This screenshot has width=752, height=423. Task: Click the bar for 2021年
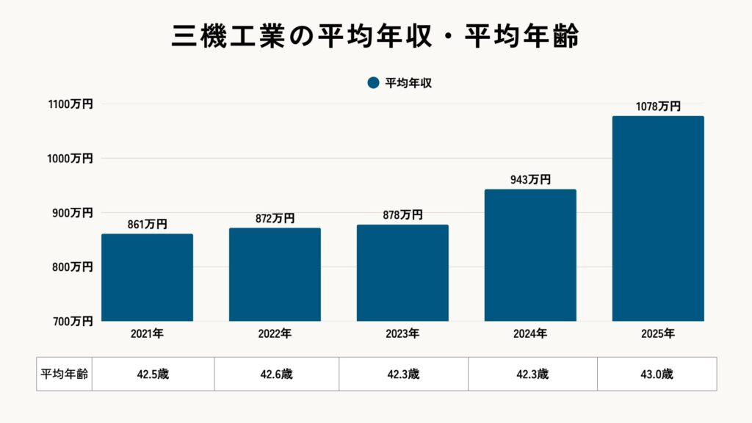[x=147, y=278]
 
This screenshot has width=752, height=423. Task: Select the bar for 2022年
[x=275, y=275]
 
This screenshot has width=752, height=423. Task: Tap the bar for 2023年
[x=402, y=273]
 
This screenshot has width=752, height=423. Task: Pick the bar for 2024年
[x=530, y=256]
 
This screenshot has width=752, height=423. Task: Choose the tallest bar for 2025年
[x=658, y=219]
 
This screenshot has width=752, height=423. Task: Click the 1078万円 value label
[x=658, y=106]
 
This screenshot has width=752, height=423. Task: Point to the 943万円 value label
[x=530, y=180]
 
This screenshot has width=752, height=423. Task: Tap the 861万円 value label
[x=147, y=225]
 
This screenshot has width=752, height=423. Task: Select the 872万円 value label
[x=275, y=219]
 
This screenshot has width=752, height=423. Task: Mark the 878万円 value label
[x=402, y=215]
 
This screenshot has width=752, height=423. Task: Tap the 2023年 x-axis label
[x=402, y=334]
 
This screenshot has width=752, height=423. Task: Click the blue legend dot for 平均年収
[x=373, y=83]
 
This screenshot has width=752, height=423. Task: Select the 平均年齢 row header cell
[x=64, y=374]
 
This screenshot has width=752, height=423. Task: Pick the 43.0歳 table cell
[x=657, y=374]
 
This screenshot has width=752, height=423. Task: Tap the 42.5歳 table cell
[x=153, y=374]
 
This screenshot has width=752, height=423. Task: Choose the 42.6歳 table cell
[x=276, y=374]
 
